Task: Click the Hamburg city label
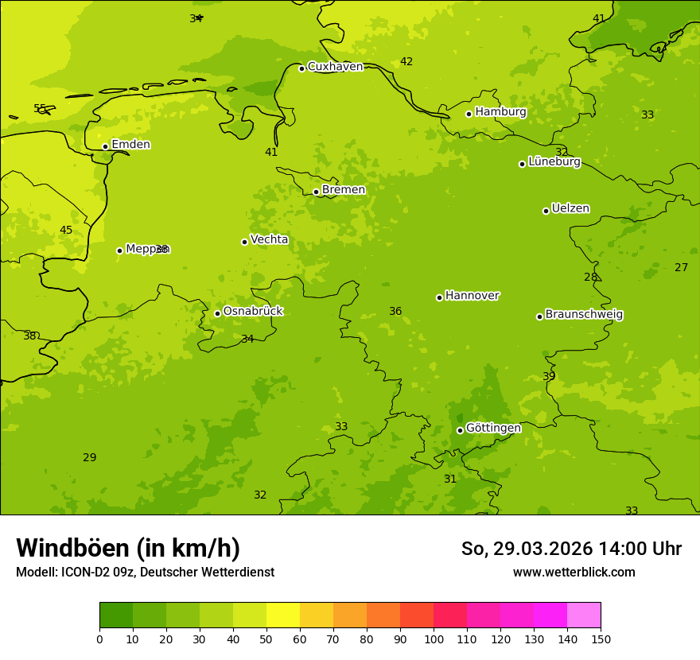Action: [x=500, y=112]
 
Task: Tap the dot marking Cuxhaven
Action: [x=301, y=68]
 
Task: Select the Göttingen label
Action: [x=493, y=428]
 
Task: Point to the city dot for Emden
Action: [x=105, y=146]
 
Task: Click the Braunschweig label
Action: [x=584, y=315]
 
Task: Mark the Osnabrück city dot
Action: [x=217, y=313]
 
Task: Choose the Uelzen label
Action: [x=570, y=209]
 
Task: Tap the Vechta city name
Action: [x=269, y=239]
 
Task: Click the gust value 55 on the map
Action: [x=40, y=108]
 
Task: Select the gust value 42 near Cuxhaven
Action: [x=406, y=62]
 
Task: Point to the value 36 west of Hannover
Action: [x=395, y=312]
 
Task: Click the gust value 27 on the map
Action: [x=681, y=268]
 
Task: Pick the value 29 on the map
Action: [x=90, y=458]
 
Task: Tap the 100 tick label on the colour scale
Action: [x=434, y=639]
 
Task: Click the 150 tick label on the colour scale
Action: [x=601, y=639]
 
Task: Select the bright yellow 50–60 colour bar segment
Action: [x=283, y=615]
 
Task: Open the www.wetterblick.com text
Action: [x=574, y=573]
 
